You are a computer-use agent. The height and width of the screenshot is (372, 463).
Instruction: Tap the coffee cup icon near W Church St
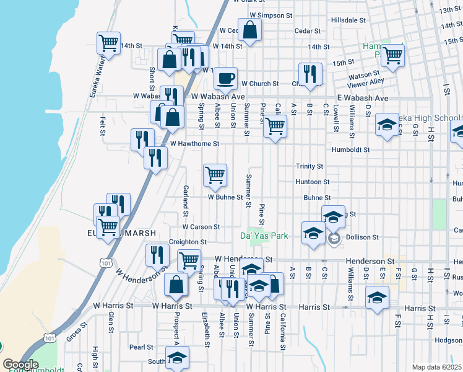tap(226, 78)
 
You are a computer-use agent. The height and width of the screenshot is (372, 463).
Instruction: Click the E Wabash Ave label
tap(362, 99)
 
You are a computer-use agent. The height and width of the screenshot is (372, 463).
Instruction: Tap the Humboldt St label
tap(350, 149)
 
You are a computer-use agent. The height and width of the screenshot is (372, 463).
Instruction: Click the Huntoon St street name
tap(313, 182)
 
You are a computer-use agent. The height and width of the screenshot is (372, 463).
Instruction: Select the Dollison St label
tap(361, 237)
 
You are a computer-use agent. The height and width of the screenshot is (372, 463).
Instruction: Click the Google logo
tap(20, 365)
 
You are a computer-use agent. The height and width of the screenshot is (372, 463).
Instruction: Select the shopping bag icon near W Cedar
tap(249, 30)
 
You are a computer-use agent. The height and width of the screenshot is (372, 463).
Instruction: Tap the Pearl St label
tap(142, 347)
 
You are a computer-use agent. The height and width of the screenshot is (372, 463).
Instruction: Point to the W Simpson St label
tap(270, 15)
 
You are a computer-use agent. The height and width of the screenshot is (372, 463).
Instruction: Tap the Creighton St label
tap(188, 242)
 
